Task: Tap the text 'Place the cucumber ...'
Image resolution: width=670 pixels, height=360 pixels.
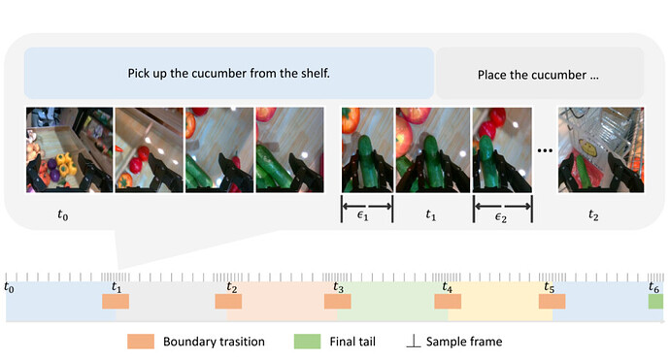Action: (538, 75)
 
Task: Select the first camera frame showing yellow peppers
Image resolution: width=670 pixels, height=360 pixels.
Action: (70, 149)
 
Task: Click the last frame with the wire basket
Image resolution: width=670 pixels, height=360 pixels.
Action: (601, 149)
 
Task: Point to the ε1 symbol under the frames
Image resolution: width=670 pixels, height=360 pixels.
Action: (362, 215)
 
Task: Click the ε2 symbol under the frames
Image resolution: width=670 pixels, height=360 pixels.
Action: (501, 217)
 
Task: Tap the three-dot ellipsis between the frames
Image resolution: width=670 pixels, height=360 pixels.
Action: (545, 150)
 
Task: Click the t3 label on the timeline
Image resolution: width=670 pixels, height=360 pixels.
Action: (339, 287)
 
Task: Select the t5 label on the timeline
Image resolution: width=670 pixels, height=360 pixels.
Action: (549, 287)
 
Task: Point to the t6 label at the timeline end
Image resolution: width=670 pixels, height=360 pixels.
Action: (653, 287)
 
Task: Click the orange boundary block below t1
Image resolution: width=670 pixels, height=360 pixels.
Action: (116, 301)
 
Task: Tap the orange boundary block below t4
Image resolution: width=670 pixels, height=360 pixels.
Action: (448, 301)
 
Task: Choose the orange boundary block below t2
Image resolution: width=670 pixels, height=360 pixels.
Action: (228, 301)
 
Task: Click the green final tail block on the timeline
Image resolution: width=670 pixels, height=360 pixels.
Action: (655, 301)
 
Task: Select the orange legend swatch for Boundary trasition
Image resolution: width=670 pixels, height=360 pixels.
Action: (141, 342)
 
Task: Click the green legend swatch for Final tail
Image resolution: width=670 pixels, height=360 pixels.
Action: (307, 342)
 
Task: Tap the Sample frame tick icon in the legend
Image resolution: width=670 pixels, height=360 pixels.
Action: (414, 341)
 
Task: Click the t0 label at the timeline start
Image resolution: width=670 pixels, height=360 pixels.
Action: (9, 287)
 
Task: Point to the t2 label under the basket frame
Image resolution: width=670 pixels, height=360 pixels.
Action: (593, 214)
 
